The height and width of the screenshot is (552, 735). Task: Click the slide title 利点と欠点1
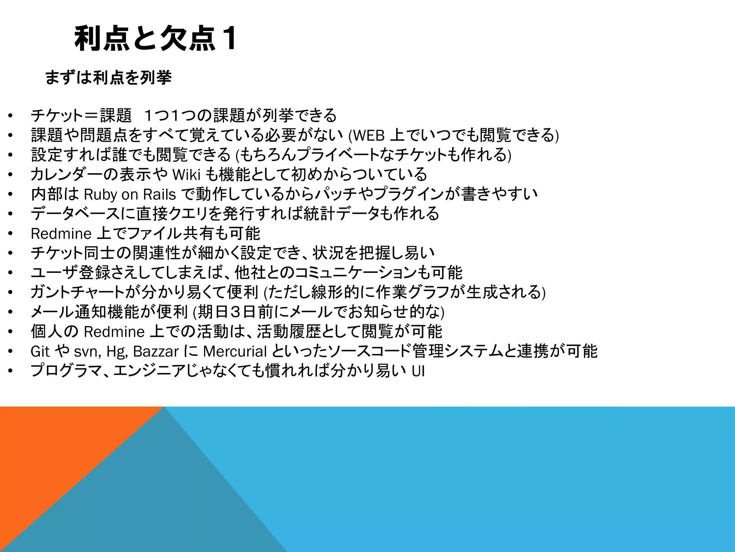(x=155, y=39)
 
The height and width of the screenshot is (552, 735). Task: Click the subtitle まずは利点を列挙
(x=108, y=78)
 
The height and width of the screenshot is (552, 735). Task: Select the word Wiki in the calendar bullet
(x=186, y=175)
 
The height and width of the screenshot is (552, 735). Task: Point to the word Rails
(x=159, y=195)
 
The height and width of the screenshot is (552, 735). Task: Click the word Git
(x=40, y=351)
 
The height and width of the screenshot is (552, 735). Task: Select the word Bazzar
(x=156, y=351)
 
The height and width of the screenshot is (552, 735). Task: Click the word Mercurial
(x=235, y=351)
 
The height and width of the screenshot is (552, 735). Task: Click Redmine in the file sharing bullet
(x=61, y=234)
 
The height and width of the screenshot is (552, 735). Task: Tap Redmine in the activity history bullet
(x=114, y=332)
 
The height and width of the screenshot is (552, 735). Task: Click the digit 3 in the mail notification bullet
(x=235, y=312)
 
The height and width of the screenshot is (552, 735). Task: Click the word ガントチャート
(x=78, y=292)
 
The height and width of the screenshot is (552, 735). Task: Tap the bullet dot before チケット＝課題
(x=10, y=116)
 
